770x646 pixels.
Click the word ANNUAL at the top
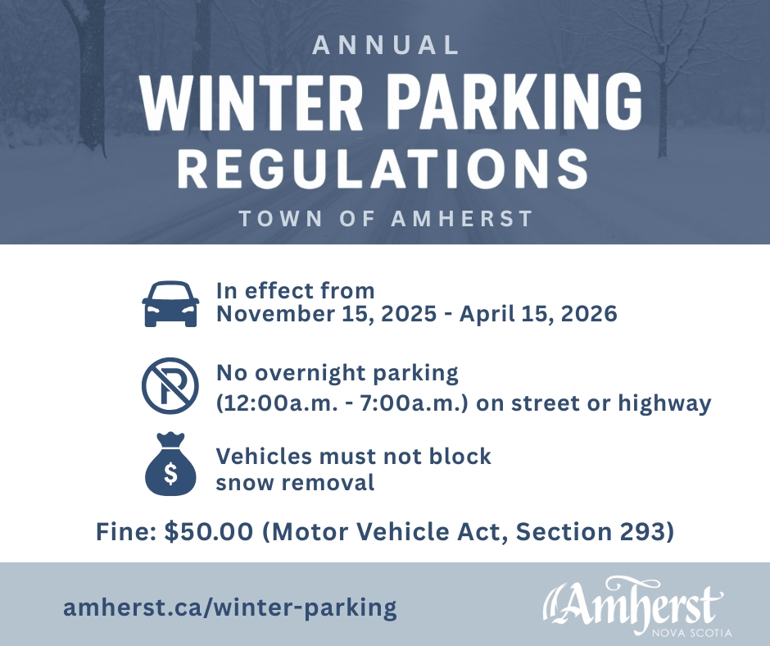coord(386,46)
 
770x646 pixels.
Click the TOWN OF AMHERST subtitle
coord(386,220)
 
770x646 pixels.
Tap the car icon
coord(170,303)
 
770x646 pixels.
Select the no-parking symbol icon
coord(170,385)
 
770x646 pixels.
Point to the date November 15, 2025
coord(324,314)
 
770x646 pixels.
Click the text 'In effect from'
coord(295,290)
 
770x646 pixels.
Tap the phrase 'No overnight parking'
coord(337,374)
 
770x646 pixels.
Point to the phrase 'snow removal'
coord(295,482)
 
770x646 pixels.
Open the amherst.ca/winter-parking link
coord(230,607)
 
